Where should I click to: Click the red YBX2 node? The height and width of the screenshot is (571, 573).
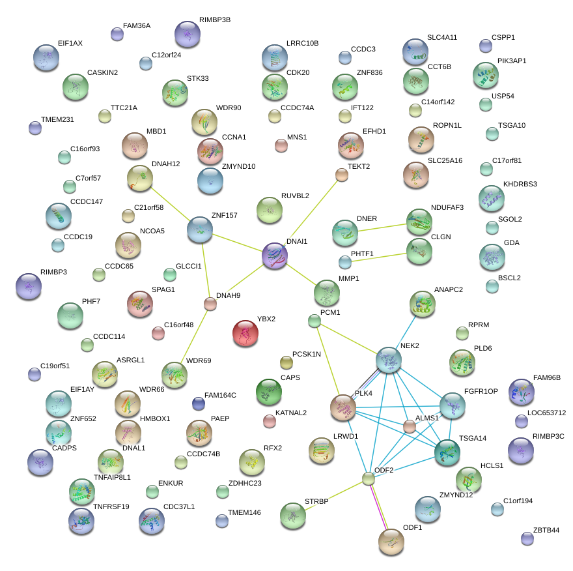(x=245, y=333)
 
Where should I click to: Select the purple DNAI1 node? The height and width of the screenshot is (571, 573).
(x=274, y=255)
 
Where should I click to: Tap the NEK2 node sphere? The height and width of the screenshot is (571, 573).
(x=389, y=360)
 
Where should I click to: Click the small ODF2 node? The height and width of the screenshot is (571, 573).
(x=369, y=479)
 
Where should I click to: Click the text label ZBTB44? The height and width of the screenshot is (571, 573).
(x=546, y=530)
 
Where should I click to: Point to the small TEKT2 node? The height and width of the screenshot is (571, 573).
(x=341, y=174)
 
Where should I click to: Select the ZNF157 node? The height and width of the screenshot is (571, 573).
(x=200, y=229)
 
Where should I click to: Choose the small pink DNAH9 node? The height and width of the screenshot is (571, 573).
(x=210, y=303)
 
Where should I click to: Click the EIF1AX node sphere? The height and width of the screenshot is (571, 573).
(x=46, y=57)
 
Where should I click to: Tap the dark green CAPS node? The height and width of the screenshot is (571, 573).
(x=268, y=391)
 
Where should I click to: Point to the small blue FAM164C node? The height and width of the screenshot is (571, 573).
(x=199, y=403)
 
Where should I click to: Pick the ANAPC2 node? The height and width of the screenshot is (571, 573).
(x=423, y=304)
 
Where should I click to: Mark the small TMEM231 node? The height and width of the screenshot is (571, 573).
(x=35, y=128)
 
